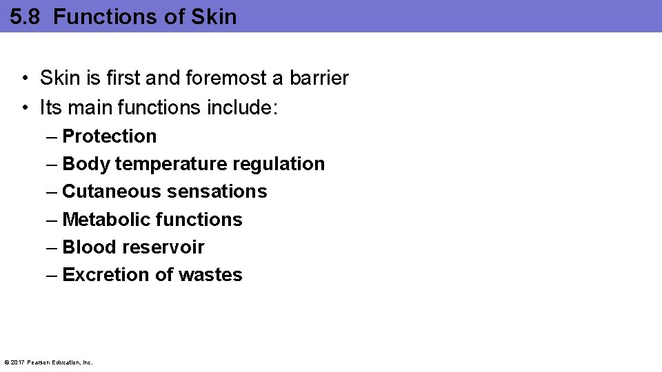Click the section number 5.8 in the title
coord(26,17)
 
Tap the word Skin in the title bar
coord(214,17)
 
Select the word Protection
coord(110,136)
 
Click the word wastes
coord(210,275)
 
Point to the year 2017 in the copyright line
coord(19,362)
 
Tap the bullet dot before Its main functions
coord(24,108)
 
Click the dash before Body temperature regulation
coord(52,164)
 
